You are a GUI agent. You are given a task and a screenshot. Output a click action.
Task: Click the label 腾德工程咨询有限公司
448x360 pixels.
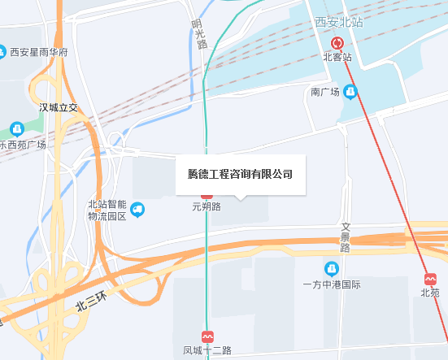[x=240, y=174]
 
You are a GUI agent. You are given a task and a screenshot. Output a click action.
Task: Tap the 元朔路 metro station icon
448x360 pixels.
[x=207, y=195]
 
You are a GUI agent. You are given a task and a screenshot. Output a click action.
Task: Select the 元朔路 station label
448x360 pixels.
[x=207, y=207]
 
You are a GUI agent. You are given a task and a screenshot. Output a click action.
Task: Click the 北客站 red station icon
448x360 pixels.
[x=337, y=44]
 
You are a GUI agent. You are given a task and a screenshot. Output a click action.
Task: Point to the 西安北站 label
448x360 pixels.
[x=338, y=22]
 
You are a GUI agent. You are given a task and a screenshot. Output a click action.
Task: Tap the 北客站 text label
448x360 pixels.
[x=337, y=58]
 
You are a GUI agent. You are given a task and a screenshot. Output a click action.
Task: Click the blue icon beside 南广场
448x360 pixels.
[x=350, y=93]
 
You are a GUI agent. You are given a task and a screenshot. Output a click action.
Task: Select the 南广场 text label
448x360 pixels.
[x=325, y=93]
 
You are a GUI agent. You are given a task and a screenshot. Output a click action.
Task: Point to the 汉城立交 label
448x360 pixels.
[x=58, y=107]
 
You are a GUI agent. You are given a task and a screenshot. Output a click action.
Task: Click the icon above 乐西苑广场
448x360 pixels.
[x=17, y=128]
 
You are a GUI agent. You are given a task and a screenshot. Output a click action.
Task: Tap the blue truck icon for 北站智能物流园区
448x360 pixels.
[x=137, y=210]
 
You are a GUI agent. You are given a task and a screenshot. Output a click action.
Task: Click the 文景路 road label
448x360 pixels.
[x=345, y=237]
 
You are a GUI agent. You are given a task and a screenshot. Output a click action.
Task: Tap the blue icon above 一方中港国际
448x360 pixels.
[x=331, y=269]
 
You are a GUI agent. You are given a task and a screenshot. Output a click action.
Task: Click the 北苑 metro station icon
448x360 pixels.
[x=429, y=277]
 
